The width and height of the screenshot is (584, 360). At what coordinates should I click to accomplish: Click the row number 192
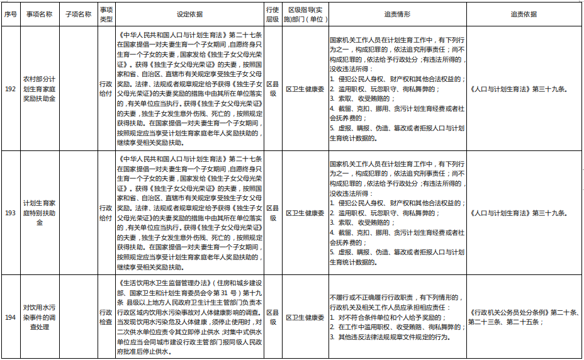click(11, 89)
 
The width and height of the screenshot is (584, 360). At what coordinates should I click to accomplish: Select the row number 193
click(11, 213)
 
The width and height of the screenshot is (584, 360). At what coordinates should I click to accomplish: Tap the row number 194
click(11, 317)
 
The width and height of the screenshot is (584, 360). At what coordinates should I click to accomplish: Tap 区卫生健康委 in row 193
click(305, 213)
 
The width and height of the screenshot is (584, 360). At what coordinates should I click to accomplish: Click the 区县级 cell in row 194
click(272, 317)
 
